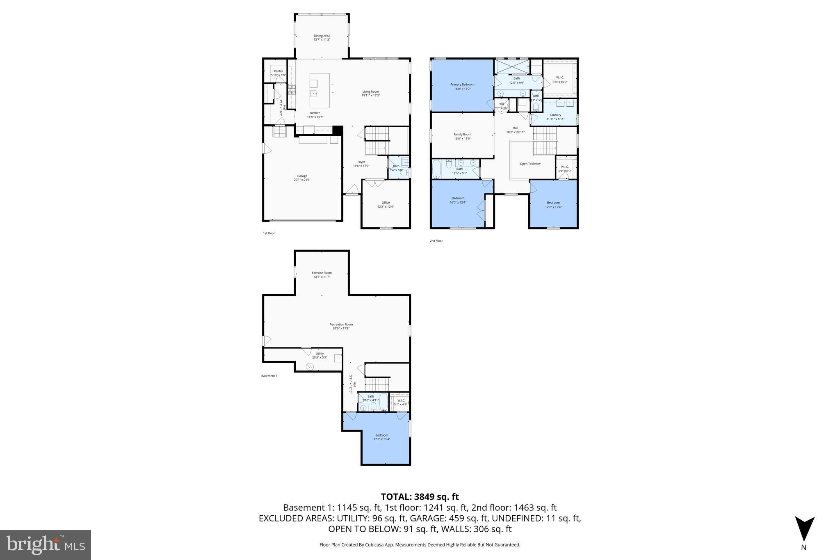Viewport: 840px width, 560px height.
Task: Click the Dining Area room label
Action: (322, 36)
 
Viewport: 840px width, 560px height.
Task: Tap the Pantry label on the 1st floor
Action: (278, 71)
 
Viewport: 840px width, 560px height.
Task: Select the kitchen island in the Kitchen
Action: (319, 90)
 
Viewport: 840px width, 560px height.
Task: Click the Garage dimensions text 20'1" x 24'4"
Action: (302, 180)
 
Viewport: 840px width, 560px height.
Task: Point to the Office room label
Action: (386, 203)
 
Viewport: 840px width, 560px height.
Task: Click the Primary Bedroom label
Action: (462, 85)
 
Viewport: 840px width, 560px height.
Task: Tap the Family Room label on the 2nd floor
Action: (462, 135)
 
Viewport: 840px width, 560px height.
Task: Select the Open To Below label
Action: (530, 164)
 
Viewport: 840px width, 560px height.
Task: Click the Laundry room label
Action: (555, 115)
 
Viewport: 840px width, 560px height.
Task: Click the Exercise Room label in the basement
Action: (322, 273)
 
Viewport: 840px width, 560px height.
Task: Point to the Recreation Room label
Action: (341, 325)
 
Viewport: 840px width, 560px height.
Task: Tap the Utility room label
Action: (320, 354)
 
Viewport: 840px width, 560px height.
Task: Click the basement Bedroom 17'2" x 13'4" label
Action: (381, 437)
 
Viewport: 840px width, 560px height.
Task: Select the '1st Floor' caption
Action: (269, 233)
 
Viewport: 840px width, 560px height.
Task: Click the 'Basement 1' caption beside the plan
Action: (269, 376)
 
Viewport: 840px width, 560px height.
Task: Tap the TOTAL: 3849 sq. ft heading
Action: (420, 497)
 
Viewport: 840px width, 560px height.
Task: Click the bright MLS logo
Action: (46, 545)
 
